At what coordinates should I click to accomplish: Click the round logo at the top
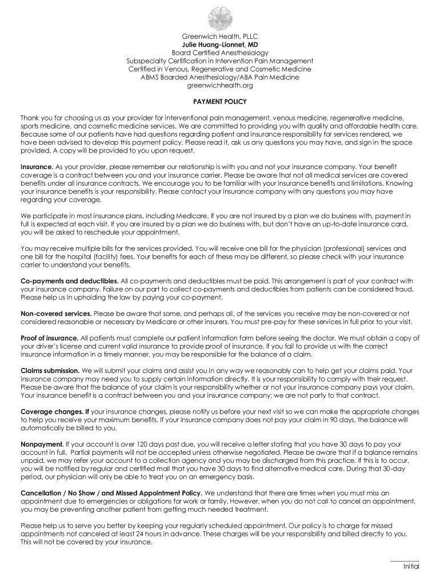pyautogui.click(x=219, y=18)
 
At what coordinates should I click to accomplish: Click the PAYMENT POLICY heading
pyautogui.click(x=220, y=102)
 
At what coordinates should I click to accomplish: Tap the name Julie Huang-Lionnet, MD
pyautogui.click(x=220, y=44)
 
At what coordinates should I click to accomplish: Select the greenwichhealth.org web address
pyautogui.click(x=220, y=85)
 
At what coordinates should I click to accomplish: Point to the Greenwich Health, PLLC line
pyautogui.click(x=220, y=36)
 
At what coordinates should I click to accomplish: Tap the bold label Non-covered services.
pyautogui.click(x=56, y=314)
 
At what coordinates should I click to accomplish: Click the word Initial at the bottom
pyautogui.click(x=411, y=567)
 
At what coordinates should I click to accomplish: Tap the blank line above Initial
pyautogui.click(x=405, y=560)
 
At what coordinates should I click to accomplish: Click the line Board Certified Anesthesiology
pyautogui.click(x=220, y=53)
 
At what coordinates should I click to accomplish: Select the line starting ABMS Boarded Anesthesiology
pyautogui.click(x=220, y=77)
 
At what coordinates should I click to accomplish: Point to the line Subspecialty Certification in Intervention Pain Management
pyautogui.click(x=220, y=61)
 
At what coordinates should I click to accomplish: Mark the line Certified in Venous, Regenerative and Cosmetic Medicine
pyautogui.click(x=220, y=69)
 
